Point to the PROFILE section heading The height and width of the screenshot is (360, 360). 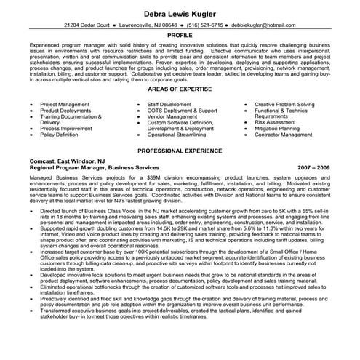pyautogui.click(x=180, y=35)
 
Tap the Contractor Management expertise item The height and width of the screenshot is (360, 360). pyautogui.click(x=287, y=135)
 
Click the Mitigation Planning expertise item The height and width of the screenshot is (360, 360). pyautogui.click(x=281, y=128)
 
